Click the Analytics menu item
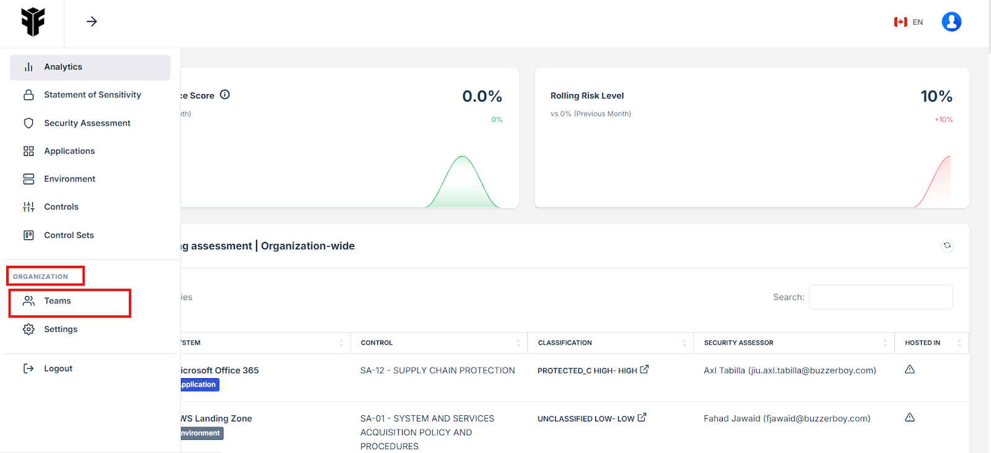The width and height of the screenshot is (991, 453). coord(63,67)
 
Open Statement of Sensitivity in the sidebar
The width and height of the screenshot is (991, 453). coord(92,95)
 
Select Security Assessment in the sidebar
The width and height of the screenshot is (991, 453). coord(87,123)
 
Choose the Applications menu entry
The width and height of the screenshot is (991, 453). coord(69,151)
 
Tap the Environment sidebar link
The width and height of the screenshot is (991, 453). coord(69,179)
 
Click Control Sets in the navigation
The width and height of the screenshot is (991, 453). coord(69,235)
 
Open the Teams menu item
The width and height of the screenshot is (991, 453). coord(57,301)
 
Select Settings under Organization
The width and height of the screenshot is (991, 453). coord(60,329)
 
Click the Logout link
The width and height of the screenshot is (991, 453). coord(58,368)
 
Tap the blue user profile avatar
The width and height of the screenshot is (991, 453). coord(951,22)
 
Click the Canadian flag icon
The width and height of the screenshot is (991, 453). coord(901,22)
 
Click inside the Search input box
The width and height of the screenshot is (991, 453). coord(880,297)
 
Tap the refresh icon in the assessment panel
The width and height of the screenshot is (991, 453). coord(947,246)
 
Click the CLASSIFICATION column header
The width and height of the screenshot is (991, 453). coord(565,343)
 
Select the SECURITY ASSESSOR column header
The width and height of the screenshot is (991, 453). coord(738,343)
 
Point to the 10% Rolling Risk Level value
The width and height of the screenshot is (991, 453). coord(936,97)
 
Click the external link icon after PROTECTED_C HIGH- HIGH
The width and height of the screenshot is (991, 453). coord(644,369)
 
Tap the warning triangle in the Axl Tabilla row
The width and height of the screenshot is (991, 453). coord(910,369)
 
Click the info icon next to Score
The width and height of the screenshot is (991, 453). coord(225,95)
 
